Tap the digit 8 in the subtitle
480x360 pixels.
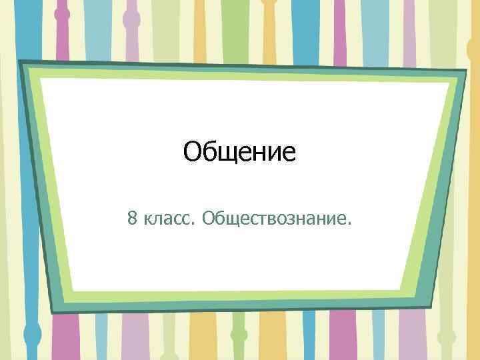133,217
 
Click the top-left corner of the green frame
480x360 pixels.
20,62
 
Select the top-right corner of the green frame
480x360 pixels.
465,71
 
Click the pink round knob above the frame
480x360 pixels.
62,13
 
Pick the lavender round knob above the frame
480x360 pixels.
131,18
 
